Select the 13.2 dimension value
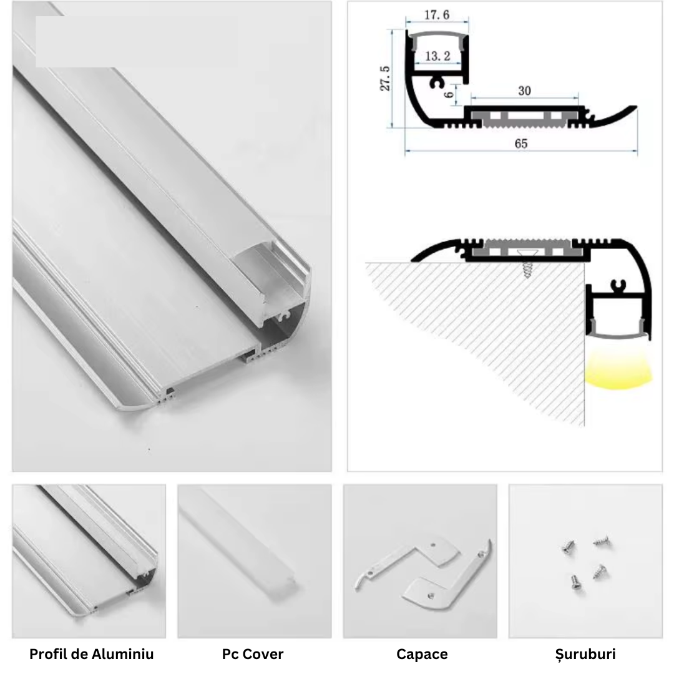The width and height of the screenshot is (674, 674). (x=437, y=56)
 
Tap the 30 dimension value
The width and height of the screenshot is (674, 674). (x=524, y=90)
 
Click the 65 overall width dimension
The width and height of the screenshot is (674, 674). (x=521, y=144)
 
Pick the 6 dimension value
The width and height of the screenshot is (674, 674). (x=448, y=94)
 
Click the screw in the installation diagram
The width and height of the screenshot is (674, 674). (x=528, y=267)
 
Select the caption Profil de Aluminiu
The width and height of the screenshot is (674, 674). (x=91, y=655)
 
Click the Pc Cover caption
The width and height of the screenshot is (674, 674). (x=253, y=655)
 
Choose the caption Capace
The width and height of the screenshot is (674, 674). (x=422, y=655)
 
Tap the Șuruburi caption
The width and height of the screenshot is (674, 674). (x=585, y=655)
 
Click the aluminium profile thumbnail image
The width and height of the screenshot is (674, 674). (x=89, y=560)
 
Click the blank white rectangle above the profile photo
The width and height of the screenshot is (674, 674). (x=136, y=42)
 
